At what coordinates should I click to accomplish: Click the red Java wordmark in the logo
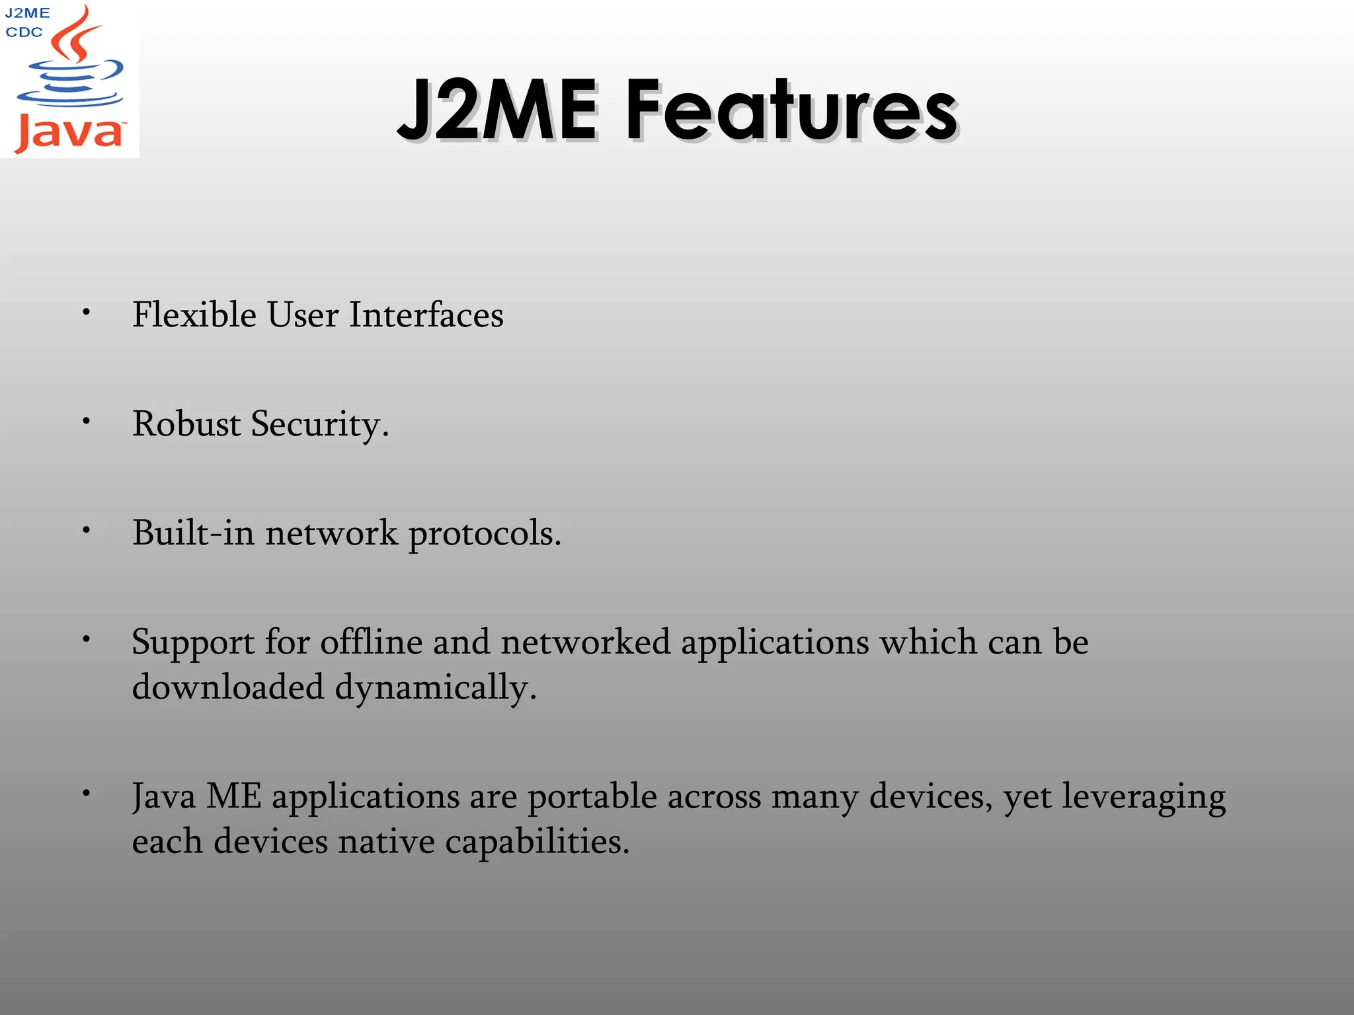69,133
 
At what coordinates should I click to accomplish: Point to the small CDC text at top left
24,32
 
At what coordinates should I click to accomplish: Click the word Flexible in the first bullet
194,315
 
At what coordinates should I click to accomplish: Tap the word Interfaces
426,315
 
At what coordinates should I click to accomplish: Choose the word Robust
186,424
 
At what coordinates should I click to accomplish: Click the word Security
319,425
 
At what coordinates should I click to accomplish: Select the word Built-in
193,533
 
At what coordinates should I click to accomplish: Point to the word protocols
484,534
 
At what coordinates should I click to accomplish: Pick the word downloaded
228,687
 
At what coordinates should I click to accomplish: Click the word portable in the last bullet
592,797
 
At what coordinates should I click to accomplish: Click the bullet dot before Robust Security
86,421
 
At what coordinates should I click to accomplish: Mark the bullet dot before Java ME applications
86,793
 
